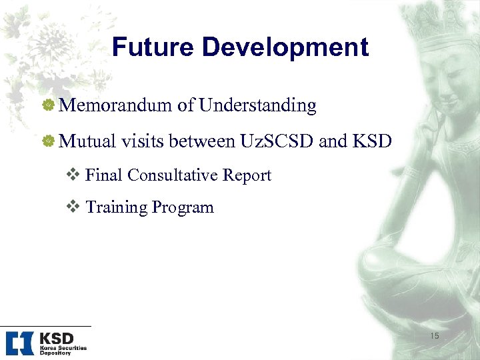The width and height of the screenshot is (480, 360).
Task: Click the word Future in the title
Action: pos(153,47)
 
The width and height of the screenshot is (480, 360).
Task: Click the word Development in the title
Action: pos(285,47)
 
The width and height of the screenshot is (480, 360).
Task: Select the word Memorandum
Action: pos(116,105)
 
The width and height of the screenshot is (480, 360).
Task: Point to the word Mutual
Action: pos(87,141)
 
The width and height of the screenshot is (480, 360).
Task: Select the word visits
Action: pos(143,141)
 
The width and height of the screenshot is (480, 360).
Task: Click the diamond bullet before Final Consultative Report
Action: pos(75,175)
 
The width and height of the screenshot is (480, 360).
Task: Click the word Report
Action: pos(247,175)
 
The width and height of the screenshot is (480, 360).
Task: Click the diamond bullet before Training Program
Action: pos(75,207)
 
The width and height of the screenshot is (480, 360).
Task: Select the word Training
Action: pos(116,207)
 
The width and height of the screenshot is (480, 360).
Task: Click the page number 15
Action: pos(435,336)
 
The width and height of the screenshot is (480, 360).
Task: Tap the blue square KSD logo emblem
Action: pos(19,343)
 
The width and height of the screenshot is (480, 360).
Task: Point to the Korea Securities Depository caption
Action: pos(63,351)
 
